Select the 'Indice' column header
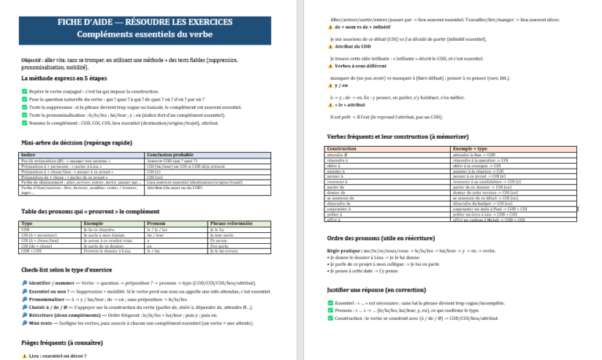click(28, 155)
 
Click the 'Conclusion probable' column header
click(168, 155)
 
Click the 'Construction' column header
click(341, 147)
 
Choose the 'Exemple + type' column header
click(471, 147)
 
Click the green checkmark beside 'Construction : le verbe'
click(330, 318)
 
